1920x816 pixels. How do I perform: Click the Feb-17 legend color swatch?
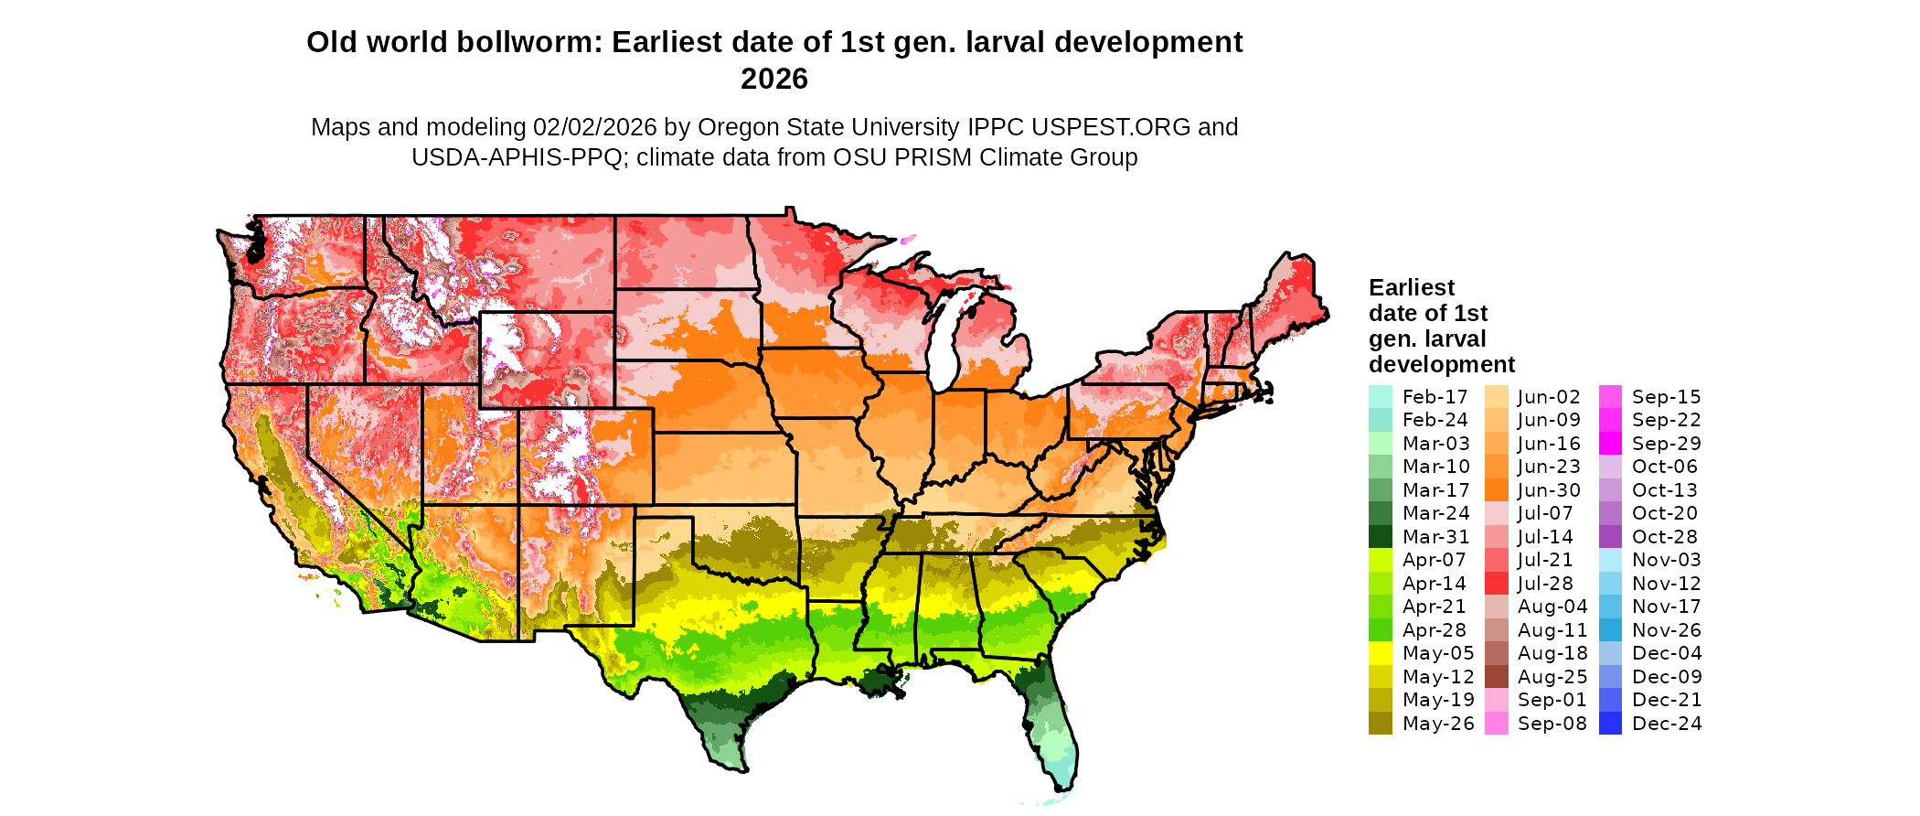1380,397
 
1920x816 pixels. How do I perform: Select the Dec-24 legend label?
1667,724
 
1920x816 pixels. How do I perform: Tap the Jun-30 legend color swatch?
1496,490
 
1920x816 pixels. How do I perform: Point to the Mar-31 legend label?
1435,537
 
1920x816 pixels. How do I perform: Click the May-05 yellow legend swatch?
1380,653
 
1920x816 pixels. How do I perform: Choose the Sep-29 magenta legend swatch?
1610,444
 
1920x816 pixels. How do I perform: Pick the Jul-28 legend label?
1545,584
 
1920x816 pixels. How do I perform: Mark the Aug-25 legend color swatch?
1496,677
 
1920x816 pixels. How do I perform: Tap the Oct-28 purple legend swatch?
1610,537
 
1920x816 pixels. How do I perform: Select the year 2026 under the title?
774,79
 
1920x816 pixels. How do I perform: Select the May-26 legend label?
1438,724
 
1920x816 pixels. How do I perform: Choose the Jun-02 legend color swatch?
1496,397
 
